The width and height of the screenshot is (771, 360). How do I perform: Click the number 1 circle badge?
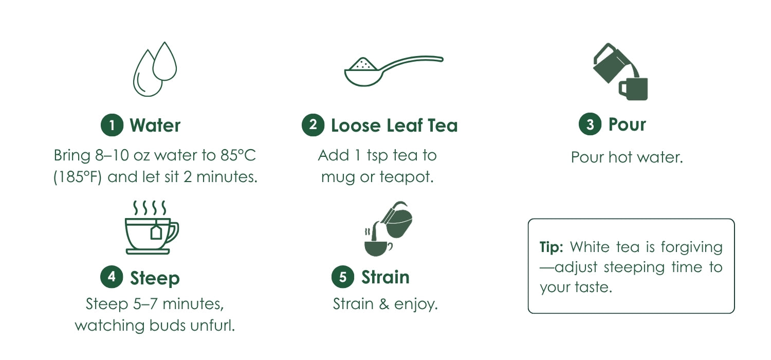click(112, 125)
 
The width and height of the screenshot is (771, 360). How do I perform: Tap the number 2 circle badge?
click(313, 124)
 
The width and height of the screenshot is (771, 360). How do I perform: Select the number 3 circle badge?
click(590, 124)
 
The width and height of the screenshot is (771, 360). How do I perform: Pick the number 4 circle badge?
click(112, 277)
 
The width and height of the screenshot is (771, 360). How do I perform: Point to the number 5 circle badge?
click(343, 277)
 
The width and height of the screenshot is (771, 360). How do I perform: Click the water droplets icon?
click(155, 69)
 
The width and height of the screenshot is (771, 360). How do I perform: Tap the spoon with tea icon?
click(394, 70)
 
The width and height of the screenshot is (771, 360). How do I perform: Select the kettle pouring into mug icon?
click(620, 71)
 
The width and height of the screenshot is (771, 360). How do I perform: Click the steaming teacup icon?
click(152, 227)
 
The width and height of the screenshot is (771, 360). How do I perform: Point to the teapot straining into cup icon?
click(388, 229)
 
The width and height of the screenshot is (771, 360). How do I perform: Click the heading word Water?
click(155, 125)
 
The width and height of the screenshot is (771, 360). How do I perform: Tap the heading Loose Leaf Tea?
click(394, 125)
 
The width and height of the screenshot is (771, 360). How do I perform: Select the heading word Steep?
click(155, 278)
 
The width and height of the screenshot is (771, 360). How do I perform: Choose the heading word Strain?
click(385, 277)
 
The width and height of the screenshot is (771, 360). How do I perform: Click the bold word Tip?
click(551, 247)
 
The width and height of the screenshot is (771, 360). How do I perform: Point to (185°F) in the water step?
click(78, 177)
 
